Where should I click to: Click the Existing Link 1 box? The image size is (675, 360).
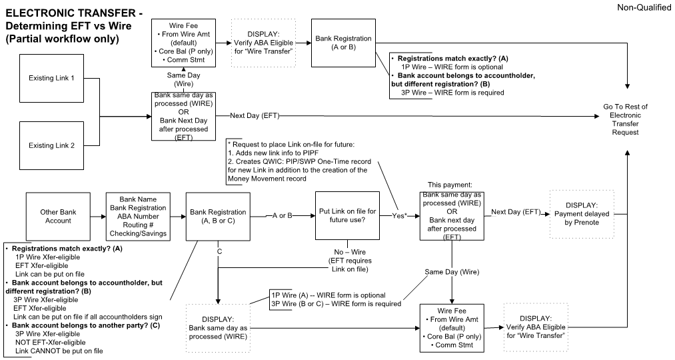(x=51, y=79)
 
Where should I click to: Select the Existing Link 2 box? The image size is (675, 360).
(x=51, y=145)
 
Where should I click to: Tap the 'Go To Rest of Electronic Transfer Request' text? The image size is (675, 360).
(x=625, y=119)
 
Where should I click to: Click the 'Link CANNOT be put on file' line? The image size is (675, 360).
(x=59, y=351)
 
